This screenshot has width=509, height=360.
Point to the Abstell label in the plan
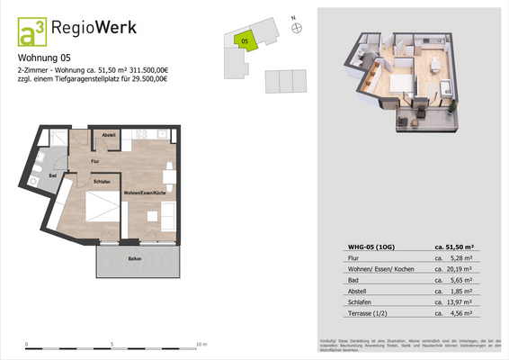(x=109, y=134)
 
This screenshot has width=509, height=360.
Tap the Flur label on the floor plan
(x=95, y=161)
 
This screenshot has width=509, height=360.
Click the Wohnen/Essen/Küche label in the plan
(x=150, y=193)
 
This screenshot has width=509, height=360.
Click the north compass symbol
(x=292, y=26)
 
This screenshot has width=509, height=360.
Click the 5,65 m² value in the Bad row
(x=453, y=279)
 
